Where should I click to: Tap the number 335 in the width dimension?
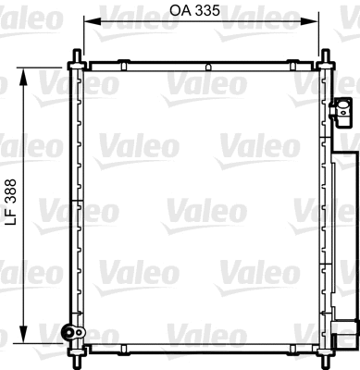pos(209,12)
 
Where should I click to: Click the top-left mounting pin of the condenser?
pos(72,64)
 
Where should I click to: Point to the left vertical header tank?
pos(78,203)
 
